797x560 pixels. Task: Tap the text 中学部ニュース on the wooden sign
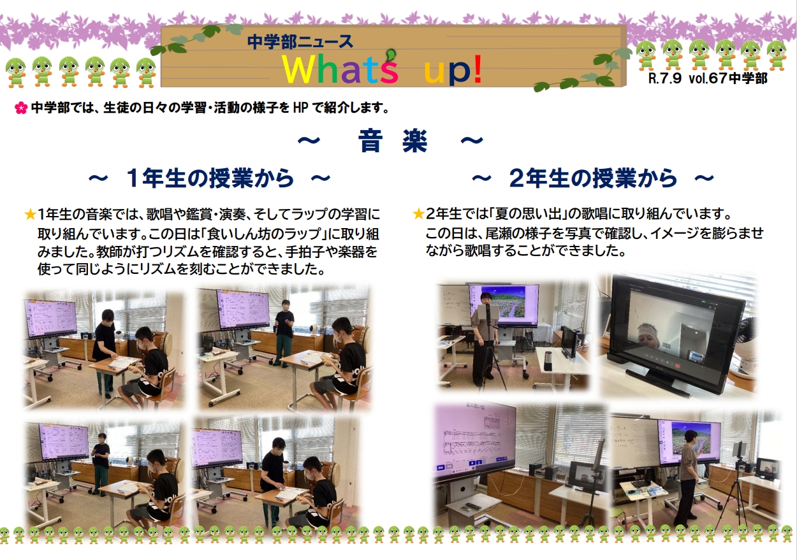[x=300, y=42]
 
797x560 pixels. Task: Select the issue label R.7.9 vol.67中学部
[x=706, y=80]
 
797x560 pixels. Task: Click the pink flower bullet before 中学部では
[x=20, y=109]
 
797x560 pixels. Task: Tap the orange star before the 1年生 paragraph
[x=29, y=214]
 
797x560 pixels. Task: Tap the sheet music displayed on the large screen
[x=473, y=440]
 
